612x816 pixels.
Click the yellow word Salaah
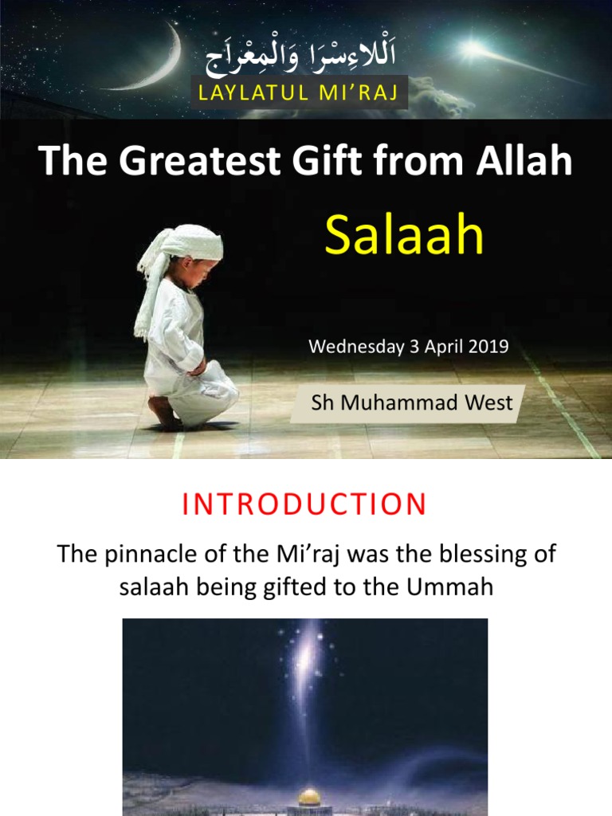pos(405,236)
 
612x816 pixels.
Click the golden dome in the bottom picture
pos(309,795)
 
